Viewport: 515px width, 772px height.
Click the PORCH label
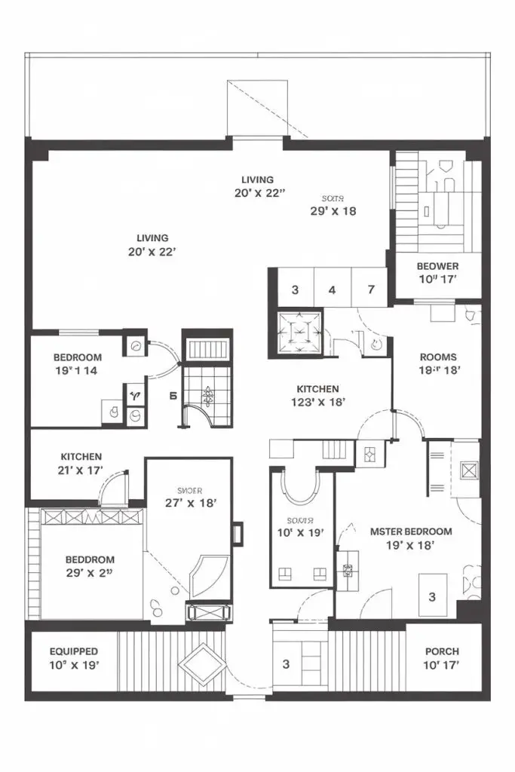click(442, 651)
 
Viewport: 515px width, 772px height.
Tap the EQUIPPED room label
click(74, 651)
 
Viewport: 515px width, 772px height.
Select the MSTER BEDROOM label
click(412, 532)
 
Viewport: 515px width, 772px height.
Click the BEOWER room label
click(437, 266)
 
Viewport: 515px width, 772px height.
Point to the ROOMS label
click(438, 357)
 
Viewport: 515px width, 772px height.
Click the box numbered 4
click(332, 289)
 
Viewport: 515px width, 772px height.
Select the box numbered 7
click(371, 289)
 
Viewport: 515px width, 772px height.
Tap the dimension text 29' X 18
click(333, 211)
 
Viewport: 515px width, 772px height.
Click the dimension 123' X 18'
click(317, 403)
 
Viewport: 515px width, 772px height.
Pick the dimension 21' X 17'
click(81, 470)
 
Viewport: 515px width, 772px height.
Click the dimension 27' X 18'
click(192, 502)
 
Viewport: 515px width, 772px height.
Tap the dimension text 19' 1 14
click(77, 371)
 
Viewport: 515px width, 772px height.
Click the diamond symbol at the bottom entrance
click(201, 663)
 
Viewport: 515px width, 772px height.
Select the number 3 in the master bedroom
click(432, 597)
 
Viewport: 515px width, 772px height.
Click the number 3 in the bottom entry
click(286, 664)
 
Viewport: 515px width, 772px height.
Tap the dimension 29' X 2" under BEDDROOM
click(90, 573)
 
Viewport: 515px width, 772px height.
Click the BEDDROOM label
click(90, 559)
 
